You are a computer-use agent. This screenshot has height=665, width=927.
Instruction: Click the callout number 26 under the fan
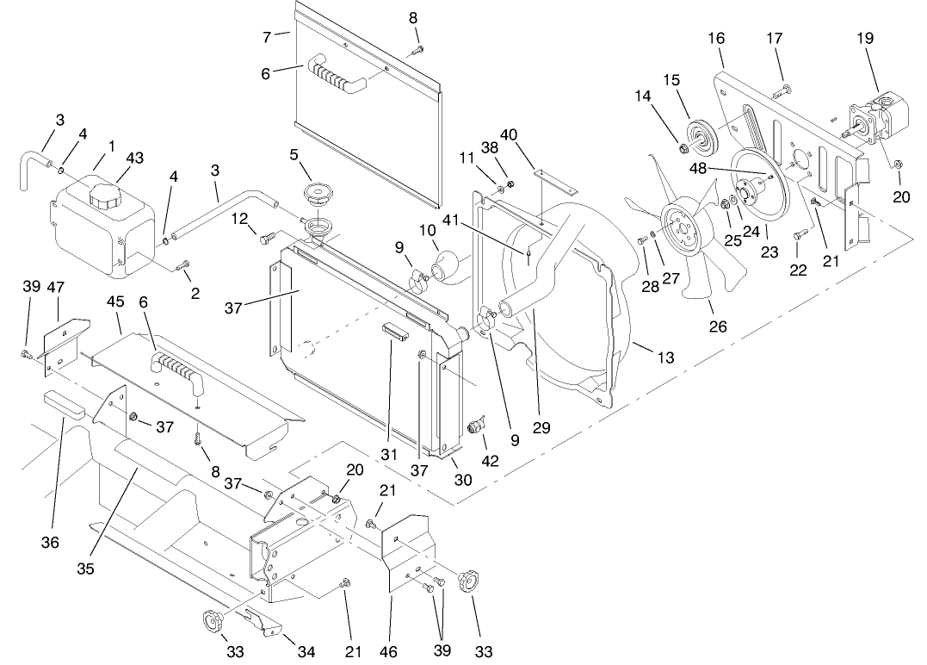pos(717,326)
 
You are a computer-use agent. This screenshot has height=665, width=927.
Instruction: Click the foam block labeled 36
pos(64,403)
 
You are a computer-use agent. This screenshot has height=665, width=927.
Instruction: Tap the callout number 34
pos(306,652)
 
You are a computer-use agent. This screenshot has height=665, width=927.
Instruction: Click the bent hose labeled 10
pos(449,264)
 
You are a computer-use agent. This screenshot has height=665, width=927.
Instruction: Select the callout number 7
pos(268,36)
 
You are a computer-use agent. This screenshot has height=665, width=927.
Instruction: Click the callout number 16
pos(716,38)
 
